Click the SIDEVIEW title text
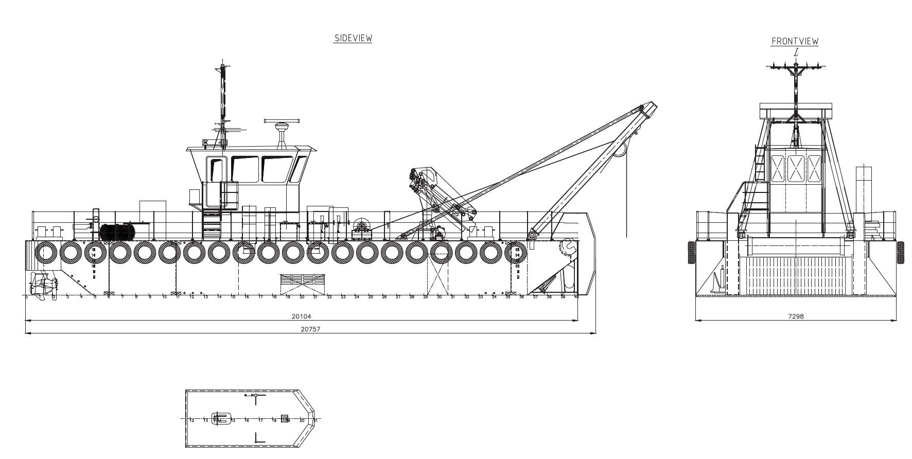(353, 38)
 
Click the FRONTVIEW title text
(795, 41)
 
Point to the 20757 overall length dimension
(310, 329)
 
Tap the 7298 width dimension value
(795, 316)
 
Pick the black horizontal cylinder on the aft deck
(117, 232)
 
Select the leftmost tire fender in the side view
(46, 252)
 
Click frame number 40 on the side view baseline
(576, 297)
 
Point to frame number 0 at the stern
(26, 297)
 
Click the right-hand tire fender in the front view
(900, 252)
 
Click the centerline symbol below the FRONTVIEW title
(796, 52)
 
